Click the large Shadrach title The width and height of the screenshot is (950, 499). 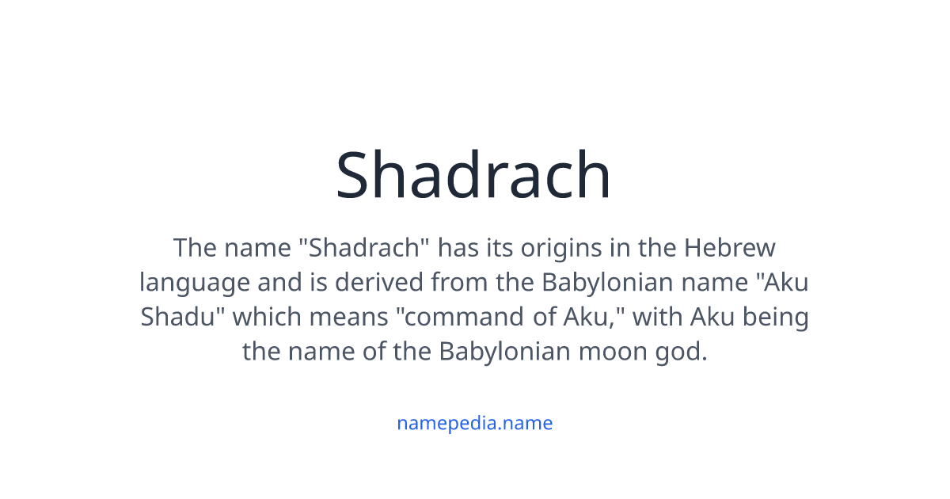pyautogui.click(x=473, y=175)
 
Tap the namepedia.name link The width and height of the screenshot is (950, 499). pyautogui.click(x=474, y=423)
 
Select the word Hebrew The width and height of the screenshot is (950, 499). pyautogui.click(x=730, y=248)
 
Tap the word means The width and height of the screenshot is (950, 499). pyautogui.click(x=351, y=317)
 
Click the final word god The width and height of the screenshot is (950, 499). pyautogui.click(x=682, y=351)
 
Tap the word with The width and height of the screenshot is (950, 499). pyautogui.click(x=658, y=317)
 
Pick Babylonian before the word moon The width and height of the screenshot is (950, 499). pyautogui.click(x=504, y=351)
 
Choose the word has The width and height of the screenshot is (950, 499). pyautogui.click(x=458, y=248)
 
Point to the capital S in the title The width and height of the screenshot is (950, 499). pyautogui.click(x=354, y=175)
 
